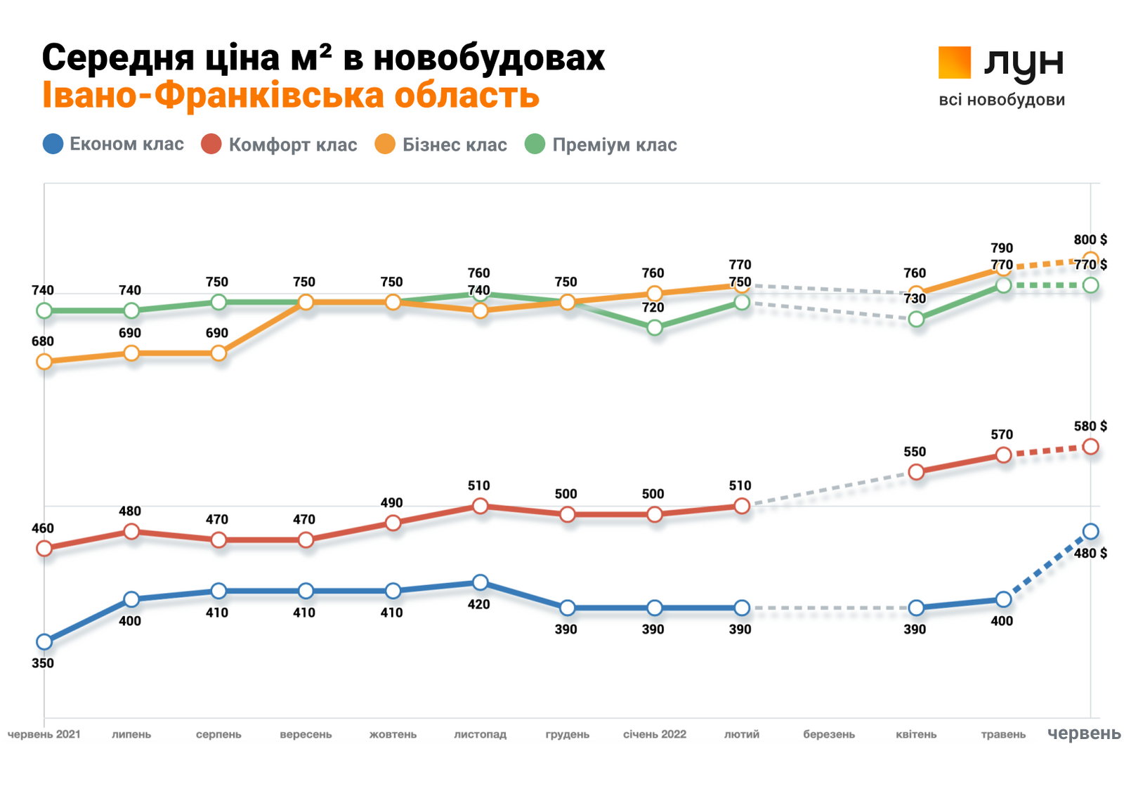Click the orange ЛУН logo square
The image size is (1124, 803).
(x=954, y=63)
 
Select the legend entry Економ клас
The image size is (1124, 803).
(x=113, y=144)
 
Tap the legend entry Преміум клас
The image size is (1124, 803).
(x=601, y=145)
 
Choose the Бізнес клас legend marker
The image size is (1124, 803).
(x=385, y=144)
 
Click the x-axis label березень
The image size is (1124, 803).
(x=829, y=734)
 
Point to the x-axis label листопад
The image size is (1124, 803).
(x=480, y=734)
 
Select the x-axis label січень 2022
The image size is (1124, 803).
(x=654, y=734)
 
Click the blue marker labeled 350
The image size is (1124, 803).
(x=44, y=641)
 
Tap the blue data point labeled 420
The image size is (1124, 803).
(x=480, y=582)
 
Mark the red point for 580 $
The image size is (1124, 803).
(x=1090, y=447)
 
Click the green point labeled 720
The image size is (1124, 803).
(x=654, y=327)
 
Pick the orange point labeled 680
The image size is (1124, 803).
(x=44, y=362)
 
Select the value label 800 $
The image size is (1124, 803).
(x=1090, y=240)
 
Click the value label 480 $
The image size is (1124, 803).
(x=1090, y=554)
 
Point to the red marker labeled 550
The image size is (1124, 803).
(x=916, y=472)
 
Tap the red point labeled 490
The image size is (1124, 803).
(x=393, y=523)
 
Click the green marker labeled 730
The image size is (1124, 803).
(x=916, y=319)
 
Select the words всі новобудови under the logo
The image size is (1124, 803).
(x=1001, y=100)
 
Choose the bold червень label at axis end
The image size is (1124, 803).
(x=1083, y=733)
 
